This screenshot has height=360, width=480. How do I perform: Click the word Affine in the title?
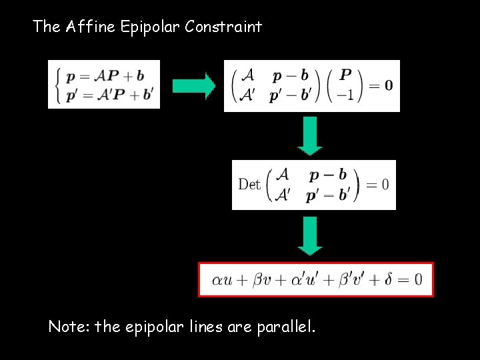(x=91, y=27)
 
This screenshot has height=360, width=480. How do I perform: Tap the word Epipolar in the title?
(x=151, y=27)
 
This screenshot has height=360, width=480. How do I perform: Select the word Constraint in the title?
(x=223, y=27)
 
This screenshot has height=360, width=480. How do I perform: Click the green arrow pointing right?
(x=193, y=85)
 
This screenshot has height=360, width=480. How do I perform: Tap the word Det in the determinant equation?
(x=249, y=184)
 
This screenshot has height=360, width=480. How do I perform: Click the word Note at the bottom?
(x=69, y=327)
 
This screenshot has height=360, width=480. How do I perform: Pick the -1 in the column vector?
(x=346, y=94)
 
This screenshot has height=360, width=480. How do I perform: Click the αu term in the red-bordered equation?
(x=222, y=279)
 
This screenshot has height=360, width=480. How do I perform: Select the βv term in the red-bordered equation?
(x=263, y=279)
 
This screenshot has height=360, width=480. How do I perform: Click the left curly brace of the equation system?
(x=57, y=84)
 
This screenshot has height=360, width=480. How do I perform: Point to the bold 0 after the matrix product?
(x=388, y=85)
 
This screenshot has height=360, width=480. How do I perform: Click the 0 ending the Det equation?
(x=385, y=184)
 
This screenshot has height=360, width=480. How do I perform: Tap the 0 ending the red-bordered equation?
(x=418, y=279)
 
